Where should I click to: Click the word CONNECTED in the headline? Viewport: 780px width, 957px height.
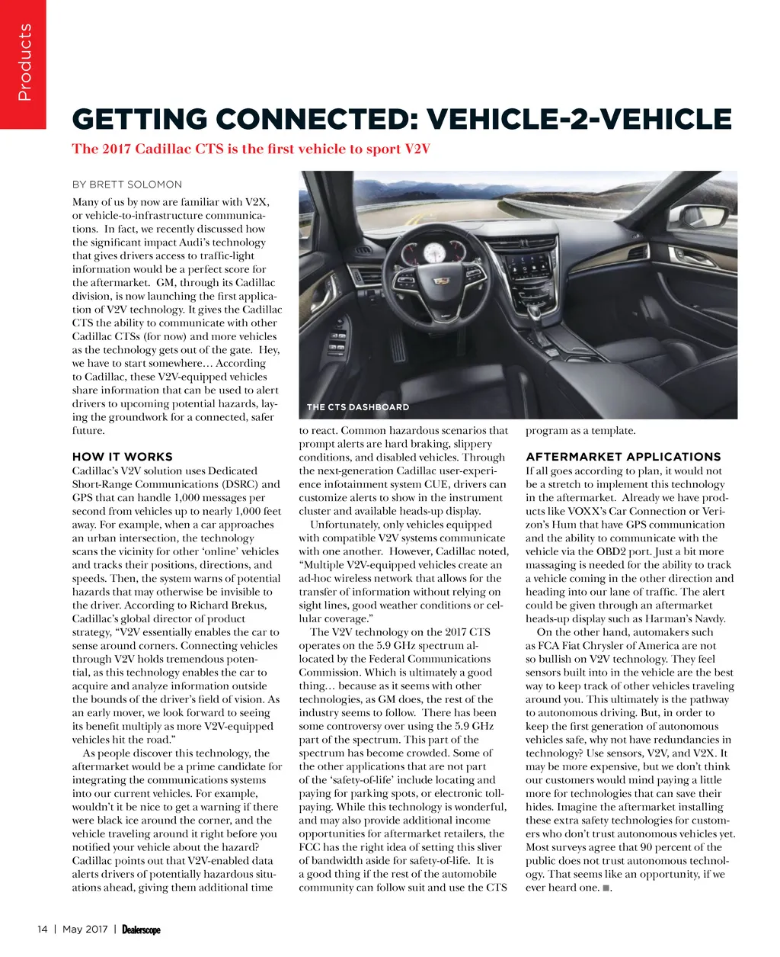314,120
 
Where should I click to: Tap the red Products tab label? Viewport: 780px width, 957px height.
24,63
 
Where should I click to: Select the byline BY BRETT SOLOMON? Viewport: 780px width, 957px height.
127,185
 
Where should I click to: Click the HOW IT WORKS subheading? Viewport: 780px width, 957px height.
123,457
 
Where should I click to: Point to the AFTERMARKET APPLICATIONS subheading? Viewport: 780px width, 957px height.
623,457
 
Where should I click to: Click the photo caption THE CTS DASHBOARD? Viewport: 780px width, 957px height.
357,407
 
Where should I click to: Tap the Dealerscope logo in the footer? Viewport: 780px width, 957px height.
141,930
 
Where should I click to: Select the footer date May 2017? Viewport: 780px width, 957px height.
85,930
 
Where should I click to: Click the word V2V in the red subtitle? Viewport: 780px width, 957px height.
416,149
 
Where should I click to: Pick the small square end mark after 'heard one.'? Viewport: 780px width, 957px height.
605,888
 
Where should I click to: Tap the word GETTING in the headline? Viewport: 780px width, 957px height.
139,120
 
